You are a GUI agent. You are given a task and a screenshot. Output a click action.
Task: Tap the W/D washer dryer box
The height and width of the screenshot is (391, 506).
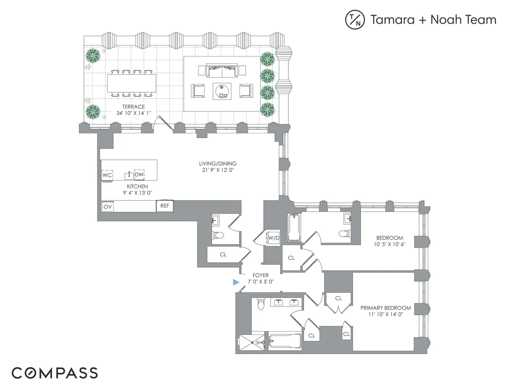(274, 238)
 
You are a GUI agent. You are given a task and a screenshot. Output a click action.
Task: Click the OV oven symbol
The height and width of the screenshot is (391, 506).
(108, 207)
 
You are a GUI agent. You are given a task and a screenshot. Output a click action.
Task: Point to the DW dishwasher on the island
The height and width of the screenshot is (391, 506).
(139, 174)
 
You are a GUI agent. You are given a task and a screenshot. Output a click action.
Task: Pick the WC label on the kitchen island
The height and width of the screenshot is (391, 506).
(107, 175)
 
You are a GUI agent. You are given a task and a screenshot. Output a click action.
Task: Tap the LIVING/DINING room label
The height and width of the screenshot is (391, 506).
(218, 164)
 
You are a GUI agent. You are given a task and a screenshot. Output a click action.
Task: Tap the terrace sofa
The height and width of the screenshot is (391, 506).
(222, 70)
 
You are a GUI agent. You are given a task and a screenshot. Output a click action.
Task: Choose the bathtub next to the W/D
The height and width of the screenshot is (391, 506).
(294, 228)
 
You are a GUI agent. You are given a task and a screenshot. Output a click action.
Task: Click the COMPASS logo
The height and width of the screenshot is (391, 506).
(54, 373)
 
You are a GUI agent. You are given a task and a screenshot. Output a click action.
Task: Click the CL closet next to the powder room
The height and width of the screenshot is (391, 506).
(223, 255)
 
